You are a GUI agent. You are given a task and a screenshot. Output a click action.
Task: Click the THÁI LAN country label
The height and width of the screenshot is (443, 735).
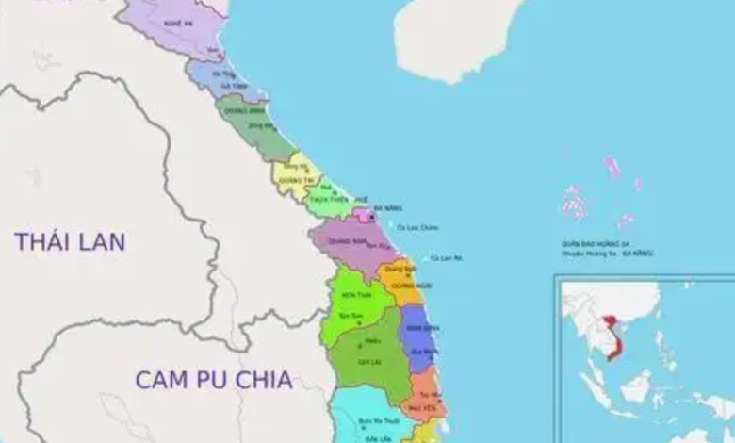pos(70,241)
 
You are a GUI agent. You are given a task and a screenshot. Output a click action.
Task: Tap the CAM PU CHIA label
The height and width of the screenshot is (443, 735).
pos(213,380)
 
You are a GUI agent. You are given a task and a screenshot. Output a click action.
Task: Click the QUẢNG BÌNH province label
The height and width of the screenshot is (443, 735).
pos(237,110)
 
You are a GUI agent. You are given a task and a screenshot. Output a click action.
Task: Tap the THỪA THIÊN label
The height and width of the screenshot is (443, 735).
pos(324,198)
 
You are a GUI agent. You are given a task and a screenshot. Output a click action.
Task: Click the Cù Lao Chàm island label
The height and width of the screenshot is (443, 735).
pos(417,227)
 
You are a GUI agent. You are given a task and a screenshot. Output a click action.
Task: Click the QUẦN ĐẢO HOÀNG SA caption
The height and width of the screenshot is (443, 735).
pos(602,242)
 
